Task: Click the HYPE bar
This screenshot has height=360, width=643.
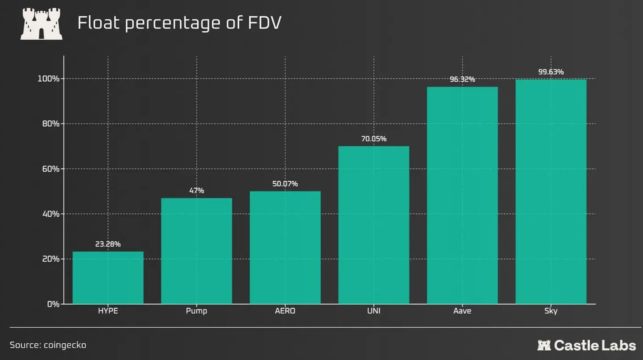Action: pyautogui.click(x=108, y=278)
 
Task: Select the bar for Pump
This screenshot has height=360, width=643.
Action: pyautogui.click(x=197, y=251)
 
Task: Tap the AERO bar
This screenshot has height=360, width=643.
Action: pyautogui.click(x=285, y=248)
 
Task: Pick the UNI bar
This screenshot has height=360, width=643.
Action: pyautogui.click(x=374, y=225)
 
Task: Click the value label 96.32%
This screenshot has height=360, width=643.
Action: pyautogui.click(x=462, y=79)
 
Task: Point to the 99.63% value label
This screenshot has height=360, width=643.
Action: pyautogui.click(x=551, y=72)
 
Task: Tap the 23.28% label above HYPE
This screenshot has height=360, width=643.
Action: pyautogui.click(x=108, y=244)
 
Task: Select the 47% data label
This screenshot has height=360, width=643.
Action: pyautogui.click(x=197, y=190)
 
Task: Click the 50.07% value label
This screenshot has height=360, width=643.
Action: pyautogui.click(x=285, y=184)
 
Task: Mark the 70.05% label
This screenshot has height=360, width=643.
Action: pyautogui.click(x=374, y=139)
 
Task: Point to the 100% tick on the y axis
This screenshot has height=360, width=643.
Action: pyautogui.click(x=49, y=79)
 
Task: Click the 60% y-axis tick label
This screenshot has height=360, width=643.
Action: pyautogui.click(x=51, y=169)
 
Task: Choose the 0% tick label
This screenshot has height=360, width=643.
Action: pyautogui.click(x=53, y=304)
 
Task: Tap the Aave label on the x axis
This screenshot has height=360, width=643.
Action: pyautogui.click(x=462, y=311)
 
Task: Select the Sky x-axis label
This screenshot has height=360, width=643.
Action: pyautogui.click(x=551, y=311)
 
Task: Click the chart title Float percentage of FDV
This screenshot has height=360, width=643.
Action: pyautogui.click(x=180, y=23)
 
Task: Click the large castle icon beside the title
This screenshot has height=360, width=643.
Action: pyautogui.click(x=42, y=24)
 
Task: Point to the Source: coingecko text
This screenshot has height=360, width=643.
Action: pyautogui.click(x=48, y=345)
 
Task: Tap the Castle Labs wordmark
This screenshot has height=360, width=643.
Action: pyautogui.click(x=587, y=345)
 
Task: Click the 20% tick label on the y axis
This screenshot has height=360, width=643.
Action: pyautogui.click(x=51, y=259)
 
